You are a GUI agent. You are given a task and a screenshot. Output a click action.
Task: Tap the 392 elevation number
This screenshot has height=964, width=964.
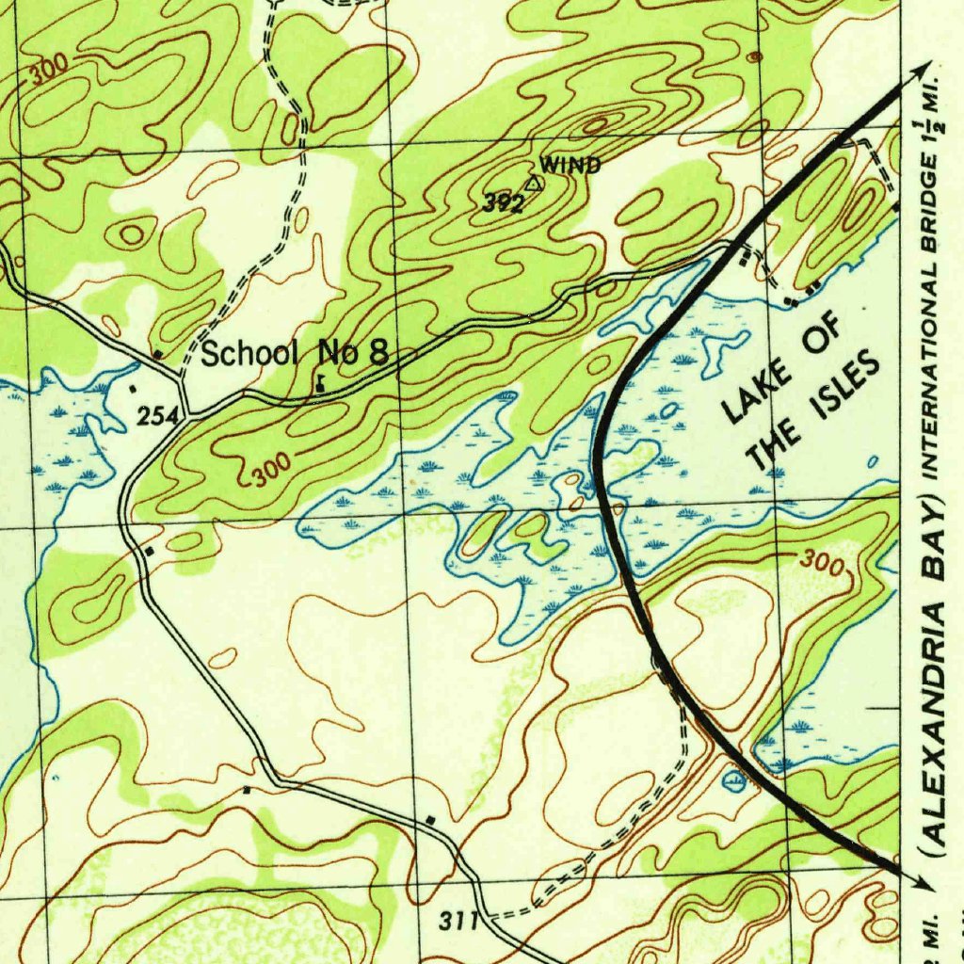point(504,202)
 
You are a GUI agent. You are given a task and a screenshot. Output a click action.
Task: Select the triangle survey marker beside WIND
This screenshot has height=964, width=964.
point(534,184)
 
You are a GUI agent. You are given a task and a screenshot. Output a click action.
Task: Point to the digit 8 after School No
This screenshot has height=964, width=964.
point(378,353)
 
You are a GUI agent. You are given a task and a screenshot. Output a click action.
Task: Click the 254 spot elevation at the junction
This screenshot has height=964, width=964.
point(156,416)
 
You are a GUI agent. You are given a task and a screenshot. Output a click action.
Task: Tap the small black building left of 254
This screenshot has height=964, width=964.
point(133,387)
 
